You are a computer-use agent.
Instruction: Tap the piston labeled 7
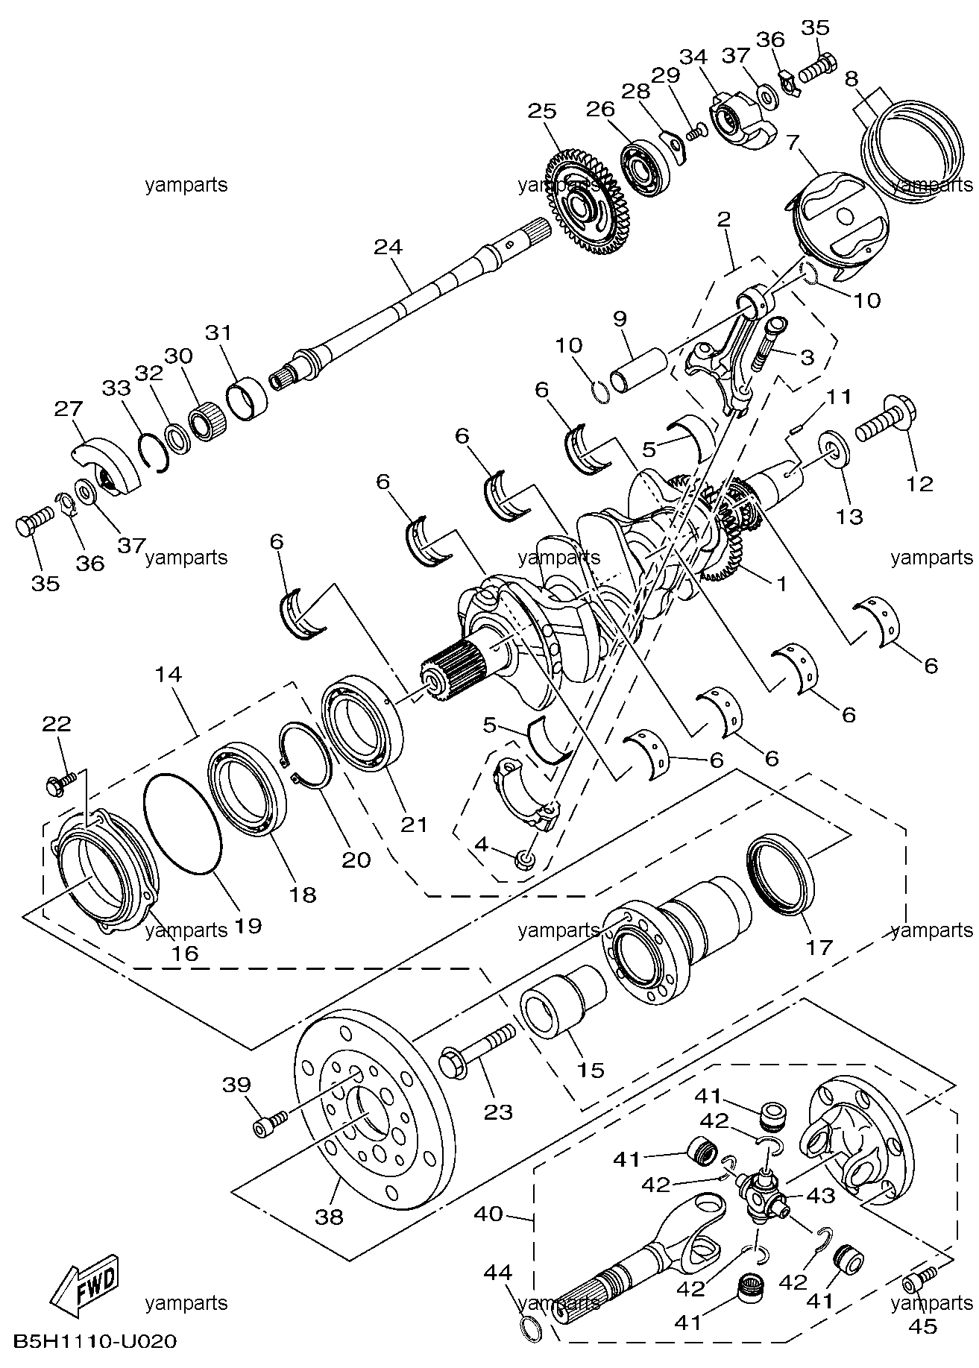[835, 224]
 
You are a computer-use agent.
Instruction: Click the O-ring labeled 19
[182, 823]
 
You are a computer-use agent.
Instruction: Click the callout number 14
[169, 675]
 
